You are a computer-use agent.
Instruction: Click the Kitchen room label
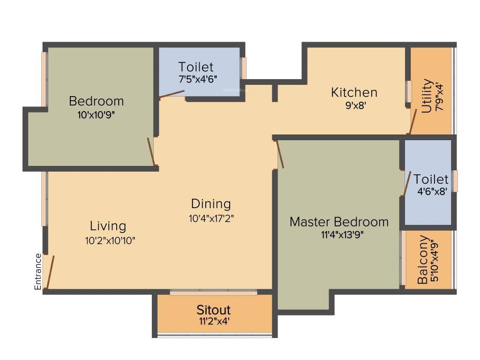click(x=354, y=92)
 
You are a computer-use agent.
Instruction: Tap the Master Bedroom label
click(x=339, y=222)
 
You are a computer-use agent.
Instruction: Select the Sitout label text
click(x=213, y=310)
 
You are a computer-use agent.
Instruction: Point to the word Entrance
click(x=38, y=272)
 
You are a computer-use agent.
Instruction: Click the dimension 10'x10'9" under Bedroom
click(x=96, y=114)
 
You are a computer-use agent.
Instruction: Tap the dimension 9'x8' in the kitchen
click(x=355, y=106)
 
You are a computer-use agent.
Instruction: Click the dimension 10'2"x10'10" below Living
click(x=108, y=240)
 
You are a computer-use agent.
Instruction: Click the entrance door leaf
click(x=50, y=272)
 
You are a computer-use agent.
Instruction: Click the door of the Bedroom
click(x=151, y=151)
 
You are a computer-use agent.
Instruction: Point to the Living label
click(x=108, y=226)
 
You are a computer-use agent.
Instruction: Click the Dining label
click(x=211, y=204)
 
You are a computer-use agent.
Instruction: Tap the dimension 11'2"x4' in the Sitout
click(x=213, y=322)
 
